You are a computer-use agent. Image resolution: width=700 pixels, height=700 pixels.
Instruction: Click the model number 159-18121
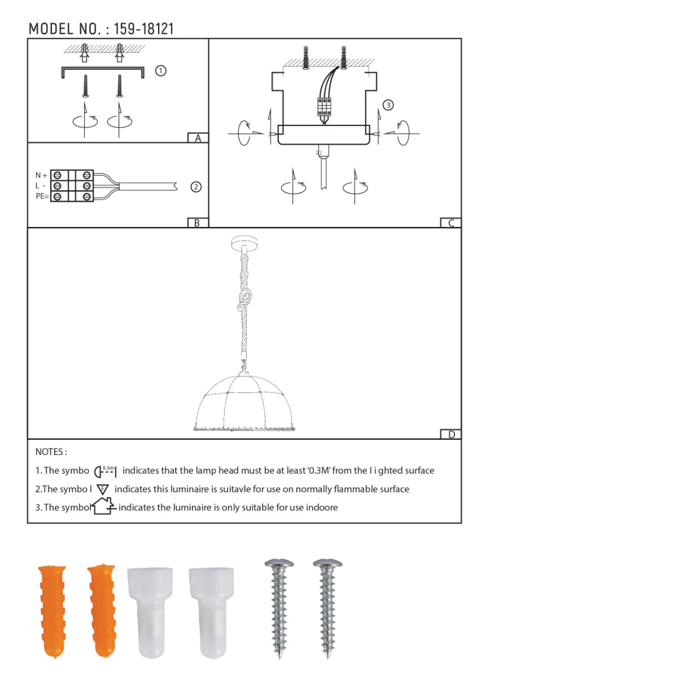[144, 29]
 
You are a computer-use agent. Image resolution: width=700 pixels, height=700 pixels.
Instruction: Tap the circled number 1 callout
[160, 71]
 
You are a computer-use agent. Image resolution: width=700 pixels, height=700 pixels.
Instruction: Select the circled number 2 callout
[196, 187]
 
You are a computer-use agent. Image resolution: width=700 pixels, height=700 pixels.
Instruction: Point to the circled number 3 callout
[388, 105]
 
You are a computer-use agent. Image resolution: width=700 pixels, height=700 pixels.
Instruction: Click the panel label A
[198, 138]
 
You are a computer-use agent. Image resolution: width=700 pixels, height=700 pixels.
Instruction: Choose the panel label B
[197, 223]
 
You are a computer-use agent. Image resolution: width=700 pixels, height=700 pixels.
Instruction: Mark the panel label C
[451, 223]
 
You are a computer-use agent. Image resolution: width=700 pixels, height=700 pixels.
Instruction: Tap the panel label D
[451, 434]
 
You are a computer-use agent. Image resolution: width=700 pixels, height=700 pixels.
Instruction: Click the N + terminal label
[41, 175]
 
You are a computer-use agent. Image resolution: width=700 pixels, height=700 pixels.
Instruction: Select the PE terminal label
[42, 196]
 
